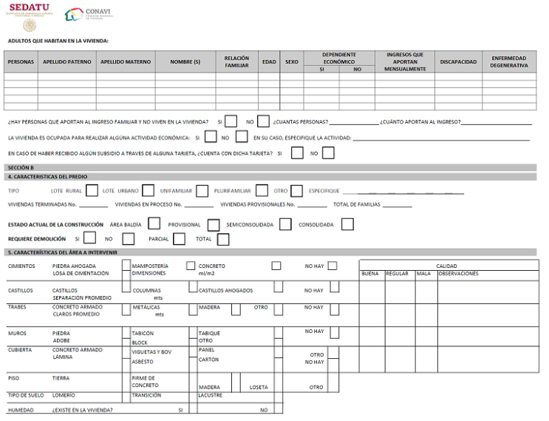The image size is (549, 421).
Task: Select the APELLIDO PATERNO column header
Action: pos(67,62)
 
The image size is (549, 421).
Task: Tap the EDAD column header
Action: pos(269,62)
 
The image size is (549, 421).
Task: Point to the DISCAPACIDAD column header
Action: pos(458,62)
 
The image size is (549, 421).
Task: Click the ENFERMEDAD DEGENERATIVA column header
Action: pos(509,62)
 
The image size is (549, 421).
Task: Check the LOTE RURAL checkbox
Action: pos(92,191)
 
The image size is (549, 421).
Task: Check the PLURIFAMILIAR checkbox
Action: pos(262,191)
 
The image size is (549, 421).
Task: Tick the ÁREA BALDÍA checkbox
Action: pos(154,223)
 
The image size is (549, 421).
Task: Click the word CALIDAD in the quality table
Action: pos(446,266)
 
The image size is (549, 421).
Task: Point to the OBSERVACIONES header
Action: pos(457,274)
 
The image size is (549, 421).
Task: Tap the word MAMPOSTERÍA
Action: pos(149,265)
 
